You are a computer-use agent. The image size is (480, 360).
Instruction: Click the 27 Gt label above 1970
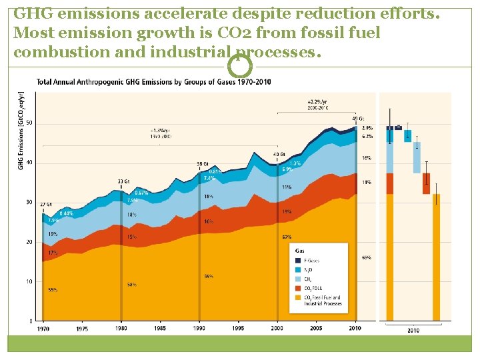tap(46, 205)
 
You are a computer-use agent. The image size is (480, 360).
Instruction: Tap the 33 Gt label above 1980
tap(123, 181)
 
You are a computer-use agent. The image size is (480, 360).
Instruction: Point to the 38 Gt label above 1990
tap(203, 163)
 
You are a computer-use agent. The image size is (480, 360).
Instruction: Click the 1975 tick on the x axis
tap(82, 328)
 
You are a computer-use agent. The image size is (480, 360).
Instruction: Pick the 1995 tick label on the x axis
tap(238, 328)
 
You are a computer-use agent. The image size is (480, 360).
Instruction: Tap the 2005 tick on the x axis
tap(316, 328)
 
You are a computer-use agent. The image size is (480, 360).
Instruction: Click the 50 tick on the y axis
tap(29, 123)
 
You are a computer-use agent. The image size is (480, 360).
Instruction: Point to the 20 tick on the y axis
tap(29, 242)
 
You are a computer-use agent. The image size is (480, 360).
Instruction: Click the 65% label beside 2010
tap(367, 257)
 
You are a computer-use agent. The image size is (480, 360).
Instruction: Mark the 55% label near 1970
tap(52, 290)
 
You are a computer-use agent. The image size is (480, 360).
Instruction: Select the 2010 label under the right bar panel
tap(413, 330)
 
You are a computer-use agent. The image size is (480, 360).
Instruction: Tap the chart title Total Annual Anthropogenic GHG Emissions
tap(153, 83)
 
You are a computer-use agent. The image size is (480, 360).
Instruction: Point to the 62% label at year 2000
tap(287, 237)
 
